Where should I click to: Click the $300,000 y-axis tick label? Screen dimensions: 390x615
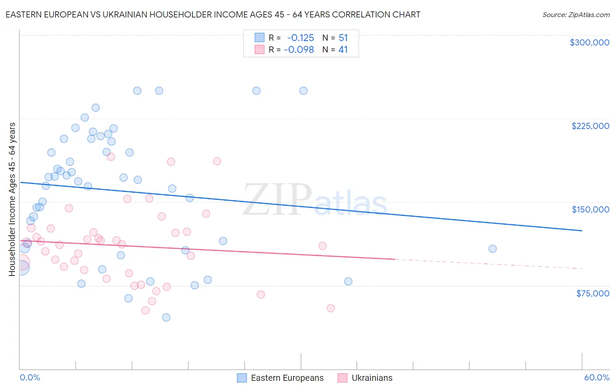click(x=589, y=42)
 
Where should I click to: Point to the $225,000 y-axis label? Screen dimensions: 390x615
click(x=590, y=126)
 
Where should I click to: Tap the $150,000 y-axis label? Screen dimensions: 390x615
click(x=590, y=209)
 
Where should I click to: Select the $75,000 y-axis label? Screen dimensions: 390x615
click(x=592, y=293)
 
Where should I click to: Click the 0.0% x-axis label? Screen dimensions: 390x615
click(x=30, y=377)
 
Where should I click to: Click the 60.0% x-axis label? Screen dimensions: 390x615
click(x=597, y=377)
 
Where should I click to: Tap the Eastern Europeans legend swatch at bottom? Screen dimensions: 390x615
click(x=242, y=378)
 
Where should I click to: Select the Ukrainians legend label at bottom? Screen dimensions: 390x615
click(x=372, y=378)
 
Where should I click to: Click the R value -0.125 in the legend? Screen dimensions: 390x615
click(x=301, y=38)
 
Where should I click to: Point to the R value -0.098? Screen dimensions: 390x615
click(x=299, y=50)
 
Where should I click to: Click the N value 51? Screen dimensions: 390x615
click(x=343, y=38)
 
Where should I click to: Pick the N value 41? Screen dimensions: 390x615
click(x=343, y=50)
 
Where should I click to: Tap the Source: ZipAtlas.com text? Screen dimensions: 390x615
click(x=576, y=15)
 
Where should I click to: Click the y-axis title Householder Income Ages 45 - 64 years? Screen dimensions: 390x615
click(x=12, y=199)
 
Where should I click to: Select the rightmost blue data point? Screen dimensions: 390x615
click(x=493, y=249)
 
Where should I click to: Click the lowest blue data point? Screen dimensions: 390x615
click(x=166, y=317)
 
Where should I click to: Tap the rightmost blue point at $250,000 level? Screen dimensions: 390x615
click(x=304, y=91)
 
